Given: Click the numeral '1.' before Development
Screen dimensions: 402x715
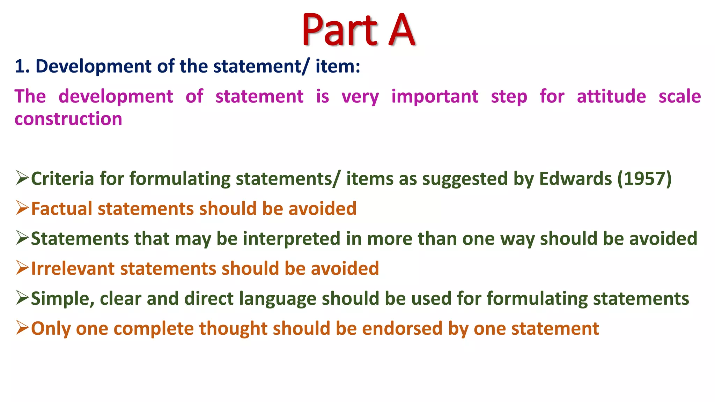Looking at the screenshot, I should coord(22,66).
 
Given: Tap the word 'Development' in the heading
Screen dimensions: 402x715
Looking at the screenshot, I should coord(94,66).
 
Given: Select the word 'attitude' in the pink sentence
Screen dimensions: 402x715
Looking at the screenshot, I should coord(611,96).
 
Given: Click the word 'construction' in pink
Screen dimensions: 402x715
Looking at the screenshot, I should coord(68,119).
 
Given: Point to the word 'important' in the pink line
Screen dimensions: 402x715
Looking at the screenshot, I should coord(435,96).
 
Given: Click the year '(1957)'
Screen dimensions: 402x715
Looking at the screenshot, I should coord(644,179).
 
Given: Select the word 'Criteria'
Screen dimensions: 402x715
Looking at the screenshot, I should coord(62,179).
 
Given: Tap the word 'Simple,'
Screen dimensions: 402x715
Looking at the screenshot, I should coord(62,299).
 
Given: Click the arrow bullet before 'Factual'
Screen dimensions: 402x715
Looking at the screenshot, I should coord(22,208).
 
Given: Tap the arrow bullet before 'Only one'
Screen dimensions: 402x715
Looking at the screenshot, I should coord(22,328).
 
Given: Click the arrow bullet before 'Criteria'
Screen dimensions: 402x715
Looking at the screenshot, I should coord(22,178).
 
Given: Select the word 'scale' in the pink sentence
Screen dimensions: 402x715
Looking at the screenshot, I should coord(679,96).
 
